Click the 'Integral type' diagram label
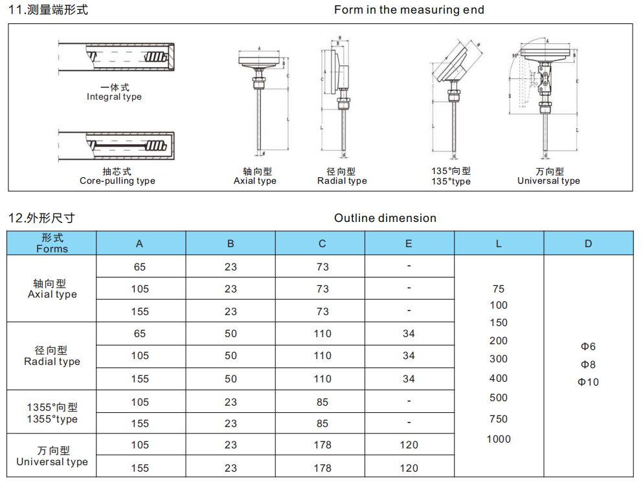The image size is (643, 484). [x=114, y=96]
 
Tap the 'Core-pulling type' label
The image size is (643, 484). [x=117, y=181]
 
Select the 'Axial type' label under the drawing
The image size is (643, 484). [x=254, y=181]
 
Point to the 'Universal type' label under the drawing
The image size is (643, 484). [x=548, y=181]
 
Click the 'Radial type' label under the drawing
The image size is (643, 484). [x=342, y=181]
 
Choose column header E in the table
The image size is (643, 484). [x=409, y=244]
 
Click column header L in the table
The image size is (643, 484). [x=499, y=244]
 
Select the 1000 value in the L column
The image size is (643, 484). [x=499, y=439]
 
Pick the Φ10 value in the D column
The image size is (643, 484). [x=588, y=382]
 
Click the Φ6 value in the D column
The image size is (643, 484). [x=588, y=346]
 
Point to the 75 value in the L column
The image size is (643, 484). [x=499, y=289]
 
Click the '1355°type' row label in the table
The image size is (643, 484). [x=52, y=419]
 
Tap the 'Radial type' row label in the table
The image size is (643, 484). [x=52, y=362]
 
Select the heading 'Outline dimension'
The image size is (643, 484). [x=385, y=218]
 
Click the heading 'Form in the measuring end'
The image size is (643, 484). [x=409, y=10]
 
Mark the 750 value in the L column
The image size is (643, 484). [x=499, y=419]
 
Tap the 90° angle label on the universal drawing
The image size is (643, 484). [x=515, y=56]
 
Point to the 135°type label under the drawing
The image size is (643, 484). [x=451, y=181]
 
